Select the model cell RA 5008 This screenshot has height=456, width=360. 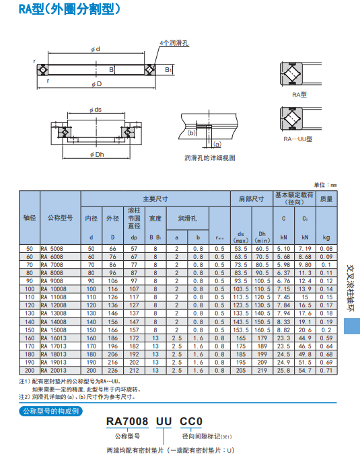click(x=55, y=249)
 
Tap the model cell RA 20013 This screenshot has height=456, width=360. click(x=55, y=370)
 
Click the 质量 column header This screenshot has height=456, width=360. click(x=326, y=199)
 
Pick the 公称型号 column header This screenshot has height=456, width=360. click(x=60, y=218)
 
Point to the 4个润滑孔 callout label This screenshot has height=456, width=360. click(x=174, y=42)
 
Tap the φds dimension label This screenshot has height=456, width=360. click(x=95, y=109)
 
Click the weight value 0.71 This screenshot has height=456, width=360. click(x=326, y=370)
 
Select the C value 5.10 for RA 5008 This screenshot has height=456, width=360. click(x=284, y=249)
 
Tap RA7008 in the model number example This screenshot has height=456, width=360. click(x=128, y=422)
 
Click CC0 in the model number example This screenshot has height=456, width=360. click(x=191, y=422)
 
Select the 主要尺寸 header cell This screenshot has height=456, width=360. click(x=155, y=199)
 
